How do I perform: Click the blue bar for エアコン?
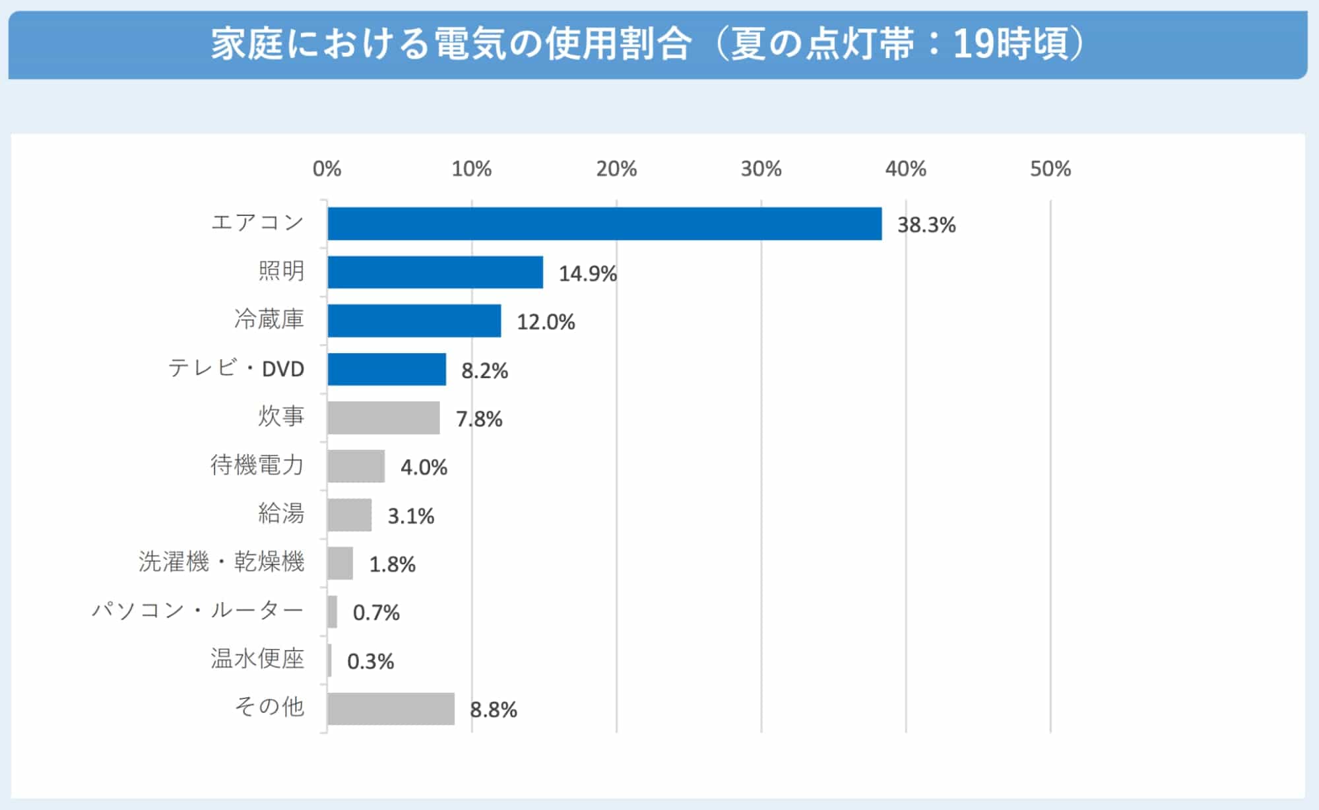point(604,224)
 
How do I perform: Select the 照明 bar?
point(435,272)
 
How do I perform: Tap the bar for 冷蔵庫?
point(414,321)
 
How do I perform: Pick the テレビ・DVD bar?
point(387,369)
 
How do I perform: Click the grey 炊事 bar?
point(383,418)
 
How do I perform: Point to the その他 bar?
point(391,708)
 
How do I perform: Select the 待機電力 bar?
point(356,466)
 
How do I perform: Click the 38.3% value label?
point(926,225)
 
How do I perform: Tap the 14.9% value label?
point(587,273)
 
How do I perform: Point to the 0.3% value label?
point(370,661)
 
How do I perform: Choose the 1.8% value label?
point(392,564)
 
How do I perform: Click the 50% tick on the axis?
point(1050,169)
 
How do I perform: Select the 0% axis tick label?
point(327,169)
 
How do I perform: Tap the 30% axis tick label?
point(761,169)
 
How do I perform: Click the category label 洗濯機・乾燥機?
point(222,562)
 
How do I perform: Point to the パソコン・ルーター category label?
point(197,610)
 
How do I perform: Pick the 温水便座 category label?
point(257,658)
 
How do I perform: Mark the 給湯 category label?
point(281,513)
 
